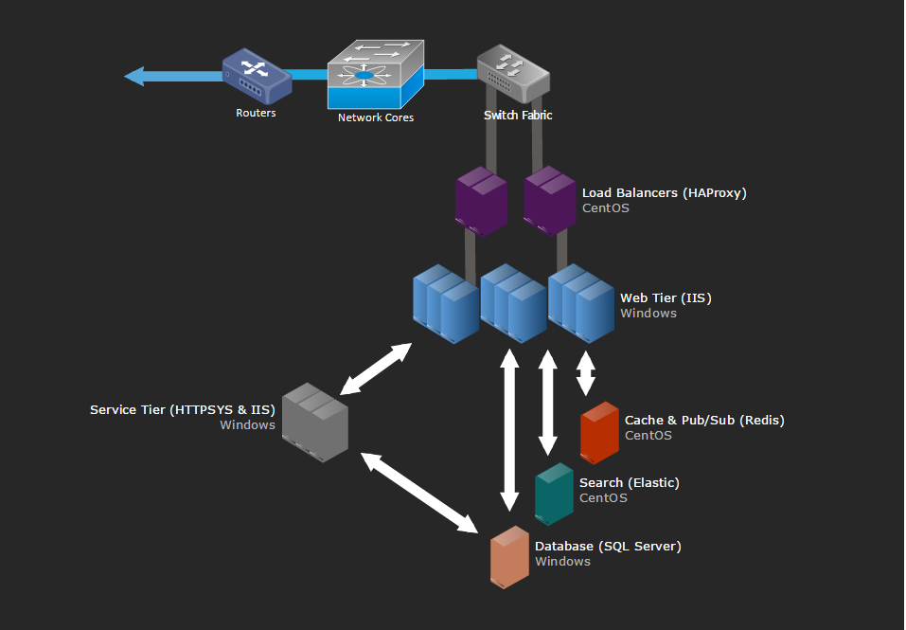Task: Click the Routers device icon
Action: click(256, 77)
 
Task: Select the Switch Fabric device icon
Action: click(512, 73)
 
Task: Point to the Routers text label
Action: click(256, 113)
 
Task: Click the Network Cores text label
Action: click(376, 117)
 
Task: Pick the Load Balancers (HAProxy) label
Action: click(664, 193)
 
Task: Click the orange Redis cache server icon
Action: click(598, 432)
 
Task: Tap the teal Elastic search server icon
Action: click(554, 494)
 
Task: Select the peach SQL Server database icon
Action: click(508, 557)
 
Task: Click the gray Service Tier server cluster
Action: click(314, 423)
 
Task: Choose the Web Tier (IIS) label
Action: click(666, 298)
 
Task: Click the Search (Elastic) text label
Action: click(629, 483)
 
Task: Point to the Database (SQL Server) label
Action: click(608, 547)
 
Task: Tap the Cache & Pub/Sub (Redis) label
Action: click(704, 421)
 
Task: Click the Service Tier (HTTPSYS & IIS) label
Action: click(182, 410)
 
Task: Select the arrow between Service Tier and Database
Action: click(418, 492)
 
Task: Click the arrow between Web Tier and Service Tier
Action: click(376, 369)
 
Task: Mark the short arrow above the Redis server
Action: click(586, 372)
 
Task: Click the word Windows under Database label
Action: click(562, 562)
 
